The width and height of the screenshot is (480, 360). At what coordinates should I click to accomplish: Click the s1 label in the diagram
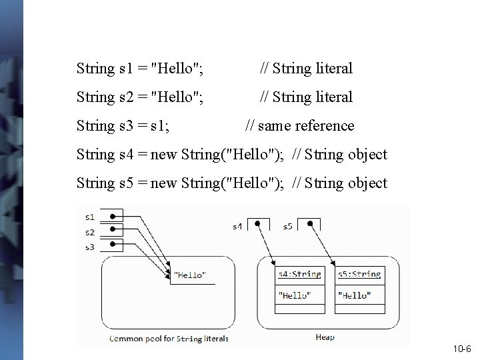[89, 217]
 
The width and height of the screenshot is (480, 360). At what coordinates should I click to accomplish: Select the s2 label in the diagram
[89, 231]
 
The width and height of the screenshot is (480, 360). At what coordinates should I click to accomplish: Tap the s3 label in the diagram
[89, 246]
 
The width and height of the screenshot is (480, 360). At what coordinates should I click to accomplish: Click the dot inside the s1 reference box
[113, 217]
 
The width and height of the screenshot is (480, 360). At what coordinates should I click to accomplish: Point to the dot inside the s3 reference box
[113, 245]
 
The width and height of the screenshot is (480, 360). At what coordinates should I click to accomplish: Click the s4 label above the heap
[237, 227]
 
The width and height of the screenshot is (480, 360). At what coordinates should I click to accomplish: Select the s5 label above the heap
[287, 227]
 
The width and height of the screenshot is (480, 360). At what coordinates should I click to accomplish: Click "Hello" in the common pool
[190, 275]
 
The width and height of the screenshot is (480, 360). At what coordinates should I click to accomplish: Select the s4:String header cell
[299, 275]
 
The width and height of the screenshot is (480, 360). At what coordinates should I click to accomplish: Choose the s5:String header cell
[359, 275]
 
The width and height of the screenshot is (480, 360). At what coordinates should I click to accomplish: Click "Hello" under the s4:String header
[293, 295]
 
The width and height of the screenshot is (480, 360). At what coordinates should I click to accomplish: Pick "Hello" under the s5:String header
[354, 295]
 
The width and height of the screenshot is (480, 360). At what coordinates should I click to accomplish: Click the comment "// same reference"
[300, 125]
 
